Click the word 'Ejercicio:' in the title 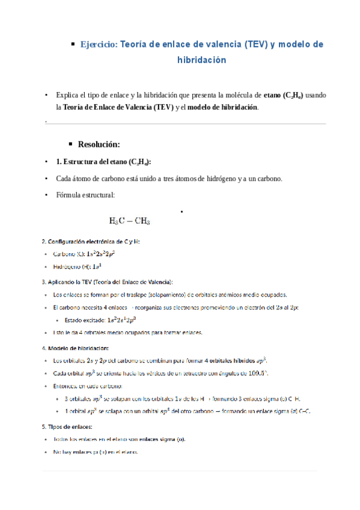[x=100, y=45]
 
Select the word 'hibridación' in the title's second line [x=202, y=60]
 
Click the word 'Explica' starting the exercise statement [x=67, y=95]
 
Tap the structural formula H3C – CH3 [x=130, y=220]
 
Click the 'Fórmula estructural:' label [x=85, y=195]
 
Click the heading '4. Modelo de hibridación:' [x=75, y=348]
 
